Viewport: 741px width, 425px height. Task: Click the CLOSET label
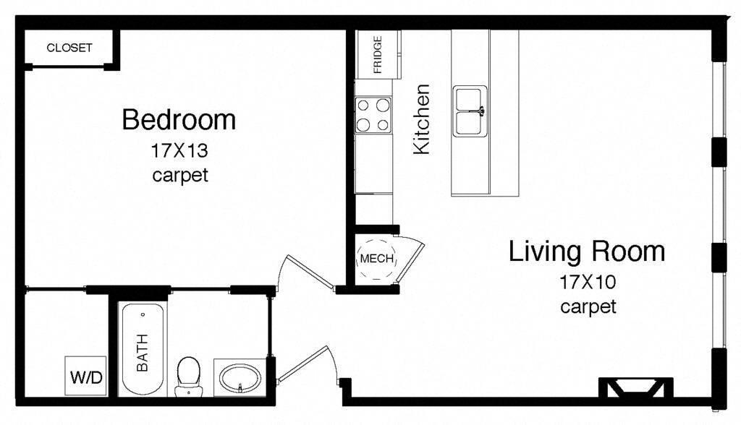[69, 48]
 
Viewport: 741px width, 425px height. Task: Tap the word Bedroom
[179, 119]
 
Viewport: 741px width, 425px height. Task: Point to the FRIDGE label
[377, 55]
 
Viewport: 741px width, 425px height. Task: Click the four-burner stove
[373, 114]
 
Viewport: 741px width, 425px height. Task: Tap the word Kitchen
[421, 119]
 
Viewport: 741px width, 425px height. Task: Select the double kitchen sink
[470, 111]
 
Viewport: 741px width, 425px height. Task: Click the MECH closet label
[376, 259]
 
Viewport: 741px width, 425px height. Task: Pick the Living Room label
[586, 252]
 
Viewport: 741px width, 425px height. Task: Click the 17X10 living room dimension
[587, 282]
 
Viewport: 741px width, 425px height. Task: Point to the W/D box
[85, 376]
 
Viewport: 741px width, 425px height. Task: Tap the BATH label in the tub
[142, 352]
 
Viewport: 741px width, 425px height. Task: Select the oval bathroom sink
[240, 377]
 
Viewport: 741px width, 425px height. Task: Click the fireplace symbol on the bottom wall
[635, 388]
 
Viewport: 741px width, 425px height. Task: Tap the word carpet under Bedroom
[180, 175]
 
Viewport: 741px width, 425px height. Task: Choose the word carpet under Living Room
[588, 306]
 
